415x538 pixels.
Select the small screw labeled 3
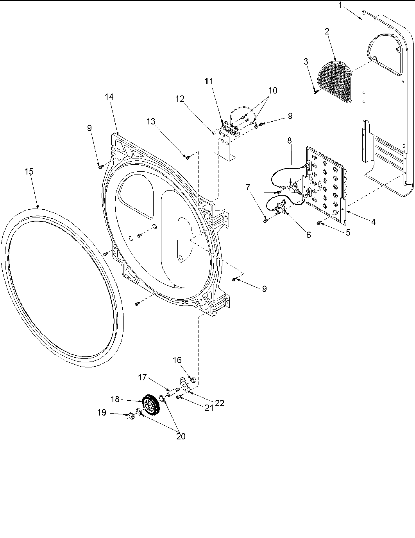pos(315,92)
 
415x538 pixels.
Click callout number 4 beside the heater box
pos(374,222)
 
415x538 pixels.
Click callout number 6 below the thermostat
pos(308,235)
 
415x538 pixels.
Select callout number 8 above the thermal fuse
pos(290,141)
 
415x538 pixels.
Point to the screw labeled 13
pos(188,157)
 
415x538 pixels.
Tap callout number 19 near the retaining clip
pos(102,412)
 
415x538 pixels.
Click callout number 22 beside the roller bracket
pos(220,403)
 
